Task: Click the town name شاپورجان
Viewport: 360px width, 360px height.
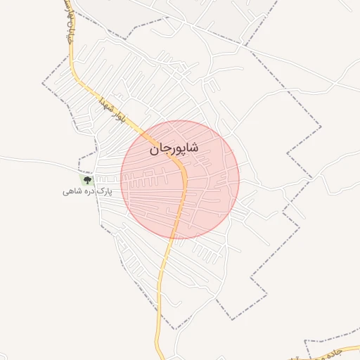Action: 174,149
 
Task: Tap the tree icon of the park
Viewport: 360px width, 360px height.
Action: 88,180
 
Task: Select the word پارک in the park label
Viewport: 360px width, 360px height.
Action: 104,191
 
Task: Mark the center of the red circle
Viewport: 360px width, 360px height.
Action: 180,180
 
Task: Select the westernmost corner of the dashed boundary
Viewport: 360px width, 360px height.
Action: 43,84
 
